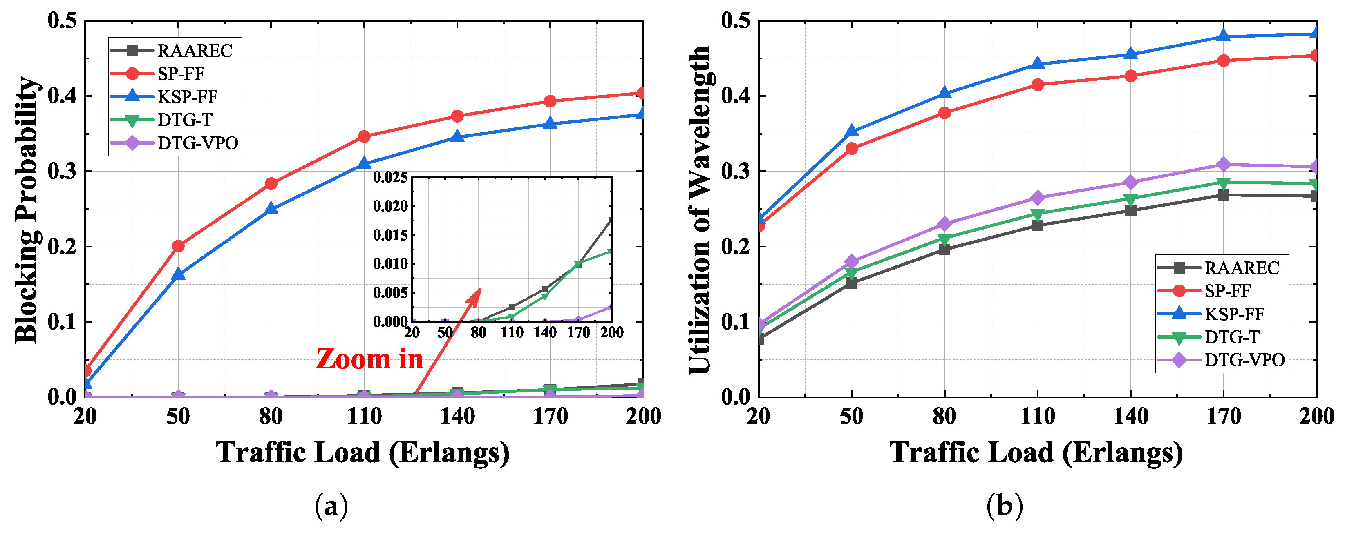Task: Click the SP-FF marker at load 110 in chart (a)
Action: (364, 137)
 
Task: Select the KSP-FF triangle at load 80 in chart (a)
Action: (271, 209)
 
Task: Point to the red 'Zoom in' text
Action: (369, 359)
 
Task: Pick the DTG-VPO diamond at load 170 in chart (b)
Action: (1223, 165)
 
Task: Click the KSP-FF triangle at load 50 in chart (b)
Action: (852, 131)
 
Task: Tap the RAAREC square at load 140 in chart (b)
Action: (1130, 211)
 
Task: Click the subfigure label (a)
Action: (331, 506)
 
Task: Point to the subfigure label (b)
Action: (1004, 506)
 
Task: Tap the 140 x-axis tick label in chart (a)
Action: (457, 417)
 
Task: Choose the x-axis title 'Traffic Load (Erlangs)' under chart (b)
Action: (1036, 452)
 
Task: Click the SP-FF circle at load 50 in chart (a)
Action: (178, 246)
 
